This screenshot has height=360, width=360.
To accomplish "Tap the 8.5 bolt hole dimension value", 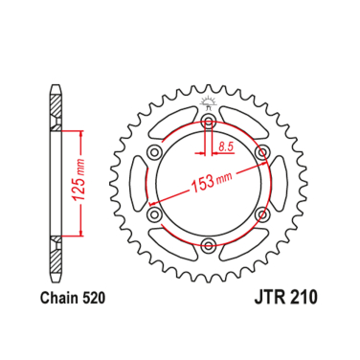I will (x=226, y=146).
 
